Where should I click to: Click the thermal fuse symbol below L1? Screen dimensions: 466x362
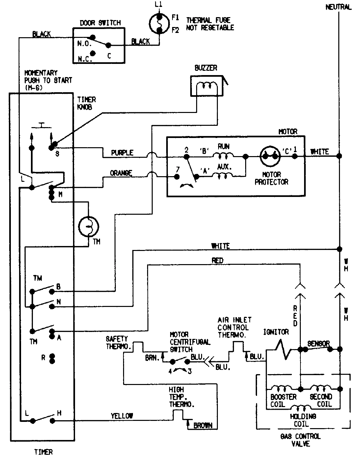tap(159, 24)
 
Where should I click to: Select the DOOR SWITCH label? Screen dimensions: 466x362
tap(100, 23)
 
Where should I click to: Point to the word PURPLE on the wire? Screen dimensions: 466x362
tap(122, 153)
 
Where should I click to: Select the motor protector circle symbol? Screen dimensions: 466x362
tap(270, 156)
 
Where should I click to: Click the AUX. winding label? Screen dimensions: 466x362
tap(225, 167)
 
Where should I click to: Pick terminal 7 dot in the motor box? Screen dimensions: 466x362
tap(177, 177)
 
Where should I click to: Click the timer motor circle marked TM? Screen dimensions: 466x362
tap(88, 226)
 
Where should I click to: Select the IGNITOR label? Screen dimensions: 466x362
tap(276, 332)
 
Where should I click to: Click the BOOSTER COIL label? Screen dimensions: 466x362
tap(283, 400)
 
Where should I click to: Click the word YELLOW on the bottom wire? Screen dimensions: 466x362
tap(122, 416)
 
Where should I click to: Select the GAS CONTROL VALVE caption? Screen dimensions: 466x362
tap(300, 440)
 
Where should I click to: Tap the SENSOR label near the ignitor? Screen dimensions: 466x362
tap(318, 344)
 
